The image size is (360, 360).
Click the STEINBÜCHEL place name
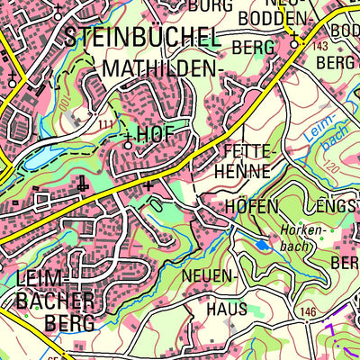point(141,38)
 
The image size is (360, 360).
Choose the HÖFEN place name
point(246,206)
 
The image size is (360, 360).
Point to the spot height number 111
point(105,123)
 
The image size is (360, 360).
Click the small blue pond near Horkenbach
point(261,243)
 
